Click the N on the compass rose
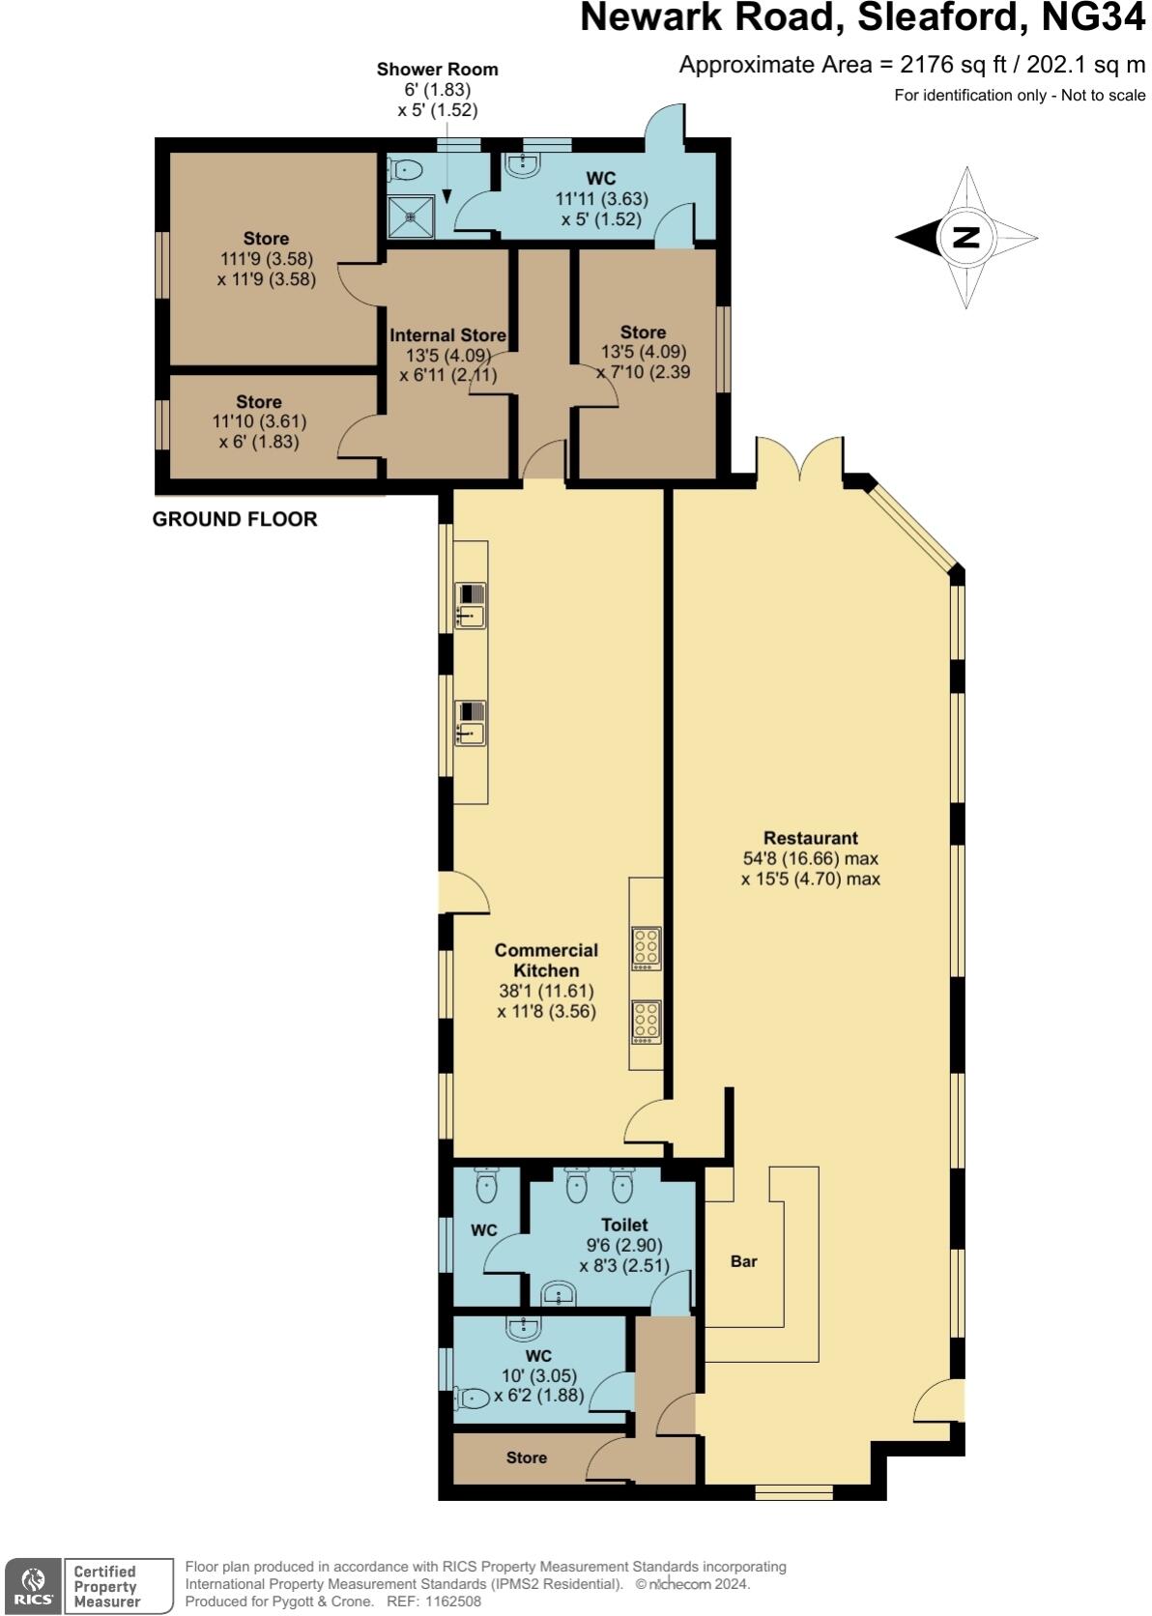click(965, 237)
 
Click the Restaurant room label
click(810, 838)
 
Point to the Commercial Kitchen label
click(546, 960)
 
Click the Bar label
click(743, 1261)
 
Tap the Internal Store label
click(447, 335)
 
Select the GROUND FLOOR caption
click(235, 519)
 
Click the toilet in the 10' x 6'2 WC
click(472, 1398)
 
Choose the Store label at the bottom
click(527, 1457)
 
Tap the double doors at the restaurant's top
click(800, 460)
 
